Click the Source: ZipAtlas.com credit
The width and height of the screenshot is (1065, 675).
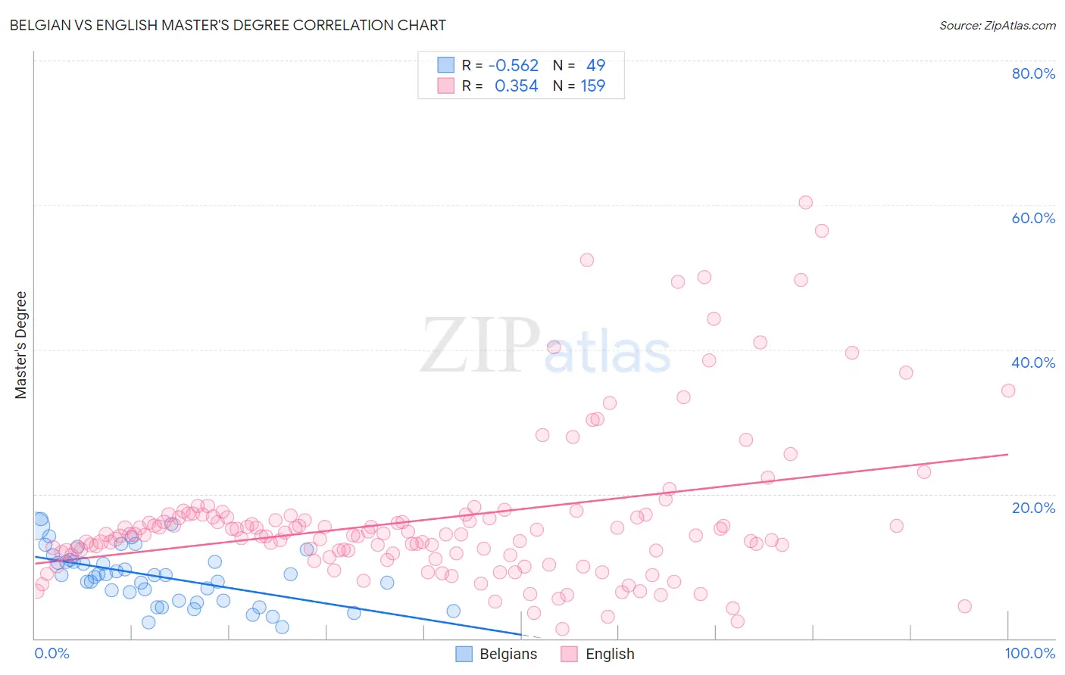[997, 25]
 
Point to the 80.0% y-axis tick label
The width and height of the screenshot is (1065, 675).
[1033, 73]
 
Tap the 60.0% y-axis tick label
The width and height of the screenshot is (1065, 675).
[1033, 218]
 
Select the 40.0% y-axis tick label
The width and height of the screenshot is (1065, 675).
[1033, 362]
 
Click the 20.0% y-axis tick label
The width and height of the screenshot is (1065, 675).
[1033, 508]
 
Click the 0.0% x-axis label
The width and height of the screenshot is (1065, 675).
[52, 653]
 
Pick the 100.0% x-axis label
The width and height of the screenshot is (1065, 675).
[1029, 653]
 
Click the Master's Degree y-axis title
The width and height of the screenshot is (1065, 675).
[21, 345]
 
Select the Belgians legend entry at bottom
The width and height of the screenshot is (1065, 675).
[497, 654]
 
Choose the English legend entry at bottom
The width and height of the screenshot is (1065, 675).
[598, 654]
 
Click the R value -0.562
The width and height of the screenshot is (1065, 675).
[513, 66]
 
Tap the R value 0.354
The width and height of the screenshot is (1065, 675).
[516, 86]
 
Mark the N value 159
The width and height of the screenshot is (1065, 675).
[592, 86]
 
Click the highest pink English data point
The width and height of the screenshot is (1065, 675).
[805, 203]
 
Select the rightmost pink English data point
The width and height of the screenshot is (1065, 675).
[1008, 390]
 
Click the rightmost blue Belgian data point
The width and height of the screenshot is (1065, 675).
[453, 611]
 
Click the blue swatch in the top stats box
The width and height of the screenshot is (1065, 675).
[446, 66]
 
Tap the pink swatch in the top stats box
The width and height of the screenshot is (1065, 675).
[446, 86]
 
